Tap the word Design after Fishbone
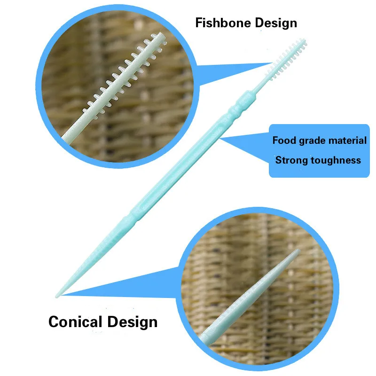click(x=276, y=23)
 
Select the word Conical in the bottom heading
click(x=75, y=322)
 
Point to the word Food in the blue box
click(x=283, y=140)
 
